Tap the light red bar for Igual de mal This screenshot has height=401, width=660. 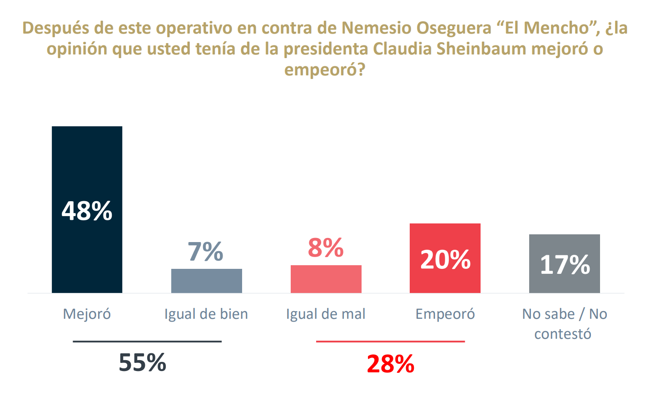[x=326, y=279]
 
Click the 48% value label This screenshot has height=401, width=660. [x=87, y=211]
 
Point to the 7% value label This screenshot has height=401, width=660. [x=205, y=252]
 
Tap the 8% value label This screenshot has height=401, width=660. [x=326, y=248]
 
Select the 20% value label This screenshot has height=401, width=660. [x=445, y=260]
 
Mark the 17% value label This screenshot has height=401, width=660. [x=565, y=264]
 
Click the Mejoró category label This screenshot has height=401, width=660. [x=87, y=314]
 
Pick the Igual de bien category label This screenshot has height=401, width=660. [x=206, y=314]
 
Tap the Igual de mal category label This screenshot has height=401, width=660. [x=326, y=314]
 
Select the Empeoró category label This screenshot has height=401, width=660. [x=445, y=314]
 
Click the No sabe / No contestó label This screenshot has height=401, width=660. [x=564, y=323]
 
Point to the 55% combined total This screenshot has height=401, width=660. [x=143, y=362]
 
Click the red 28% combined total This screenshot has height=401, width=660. [x=391, y=364]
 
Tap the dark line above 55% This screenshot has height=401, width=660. [x=147, y=342]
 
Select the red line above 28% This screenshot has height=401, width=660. [x=390, y=342]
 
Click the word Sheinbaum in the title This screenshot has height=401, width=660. [x=481, y=49]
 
